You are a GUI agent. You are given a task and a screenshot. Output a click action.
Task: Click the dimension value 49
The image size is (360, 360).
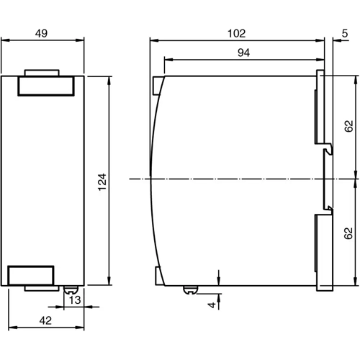pos(42,32)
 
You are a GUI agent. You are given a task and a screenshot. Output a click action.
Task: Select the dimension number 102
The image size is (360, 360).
pos(236,32)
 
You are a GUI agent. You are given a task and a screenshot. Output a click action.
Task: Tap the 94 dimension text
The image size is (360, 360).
pos(243,52)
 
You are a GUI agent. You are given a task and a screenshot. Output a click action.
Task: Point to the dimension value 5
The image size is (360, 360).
pos(346,32)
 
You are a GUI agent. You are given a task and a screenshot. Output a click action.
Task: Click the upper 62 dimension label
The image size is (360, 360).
pos(349,127)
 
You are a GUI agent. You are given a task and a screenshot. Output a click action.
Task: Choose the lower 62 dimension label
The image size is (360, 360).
pos(349,233)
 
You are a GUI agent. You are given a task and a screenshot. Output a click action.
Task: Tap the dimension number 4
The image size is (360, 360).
pos(212,305)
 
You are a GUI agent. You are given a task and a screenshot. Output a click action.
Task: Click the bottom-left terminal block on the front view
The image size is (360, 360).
pos(30,275)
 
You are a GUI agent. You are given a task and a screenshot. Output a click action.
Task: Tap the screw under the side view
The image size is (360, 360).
pos(190,290)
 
